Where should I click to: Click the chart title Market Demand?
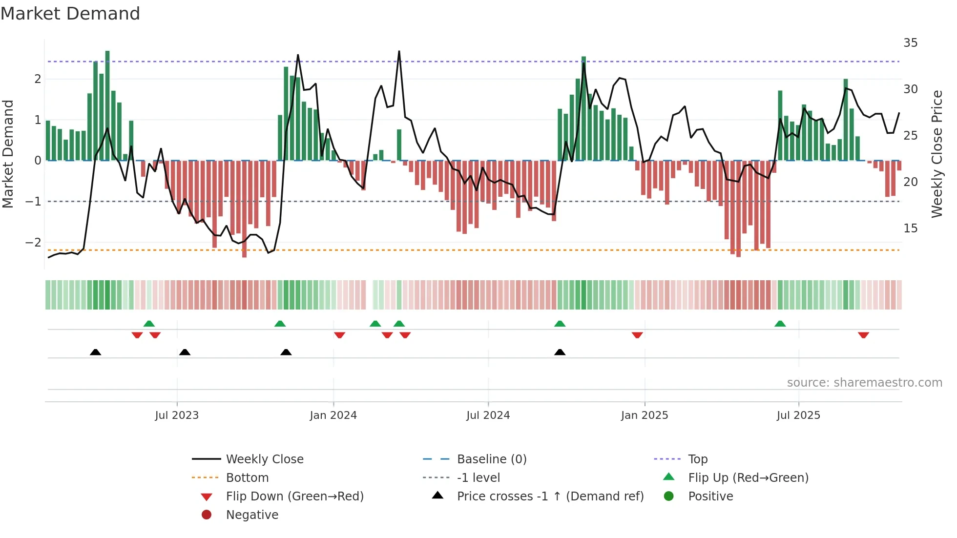point(70,14)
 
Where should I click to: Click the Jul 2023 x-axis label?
point(177,415)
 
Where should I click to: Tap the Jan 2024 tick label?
point(333,415)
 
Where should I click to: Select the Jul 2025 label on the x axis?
point(798,415)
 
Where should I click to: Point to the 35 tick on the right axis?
point(910,43)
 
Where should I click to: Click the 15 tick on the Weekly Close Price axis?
point(910,228)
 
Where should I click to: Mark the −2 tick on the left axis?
point(33,243)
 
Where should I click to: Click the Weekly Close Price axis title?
point(936,154)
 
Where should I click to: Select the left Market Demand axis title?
point(8,154)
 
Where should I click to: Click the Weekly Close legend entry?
point(264,459)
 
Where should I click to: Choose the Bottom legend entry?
point(247,478)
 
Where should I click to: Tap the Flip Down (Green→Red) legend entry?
point(294,497)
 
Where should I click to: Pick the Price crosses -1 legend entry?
point(550,497)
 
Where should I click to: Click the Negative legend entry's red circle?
point(207,515)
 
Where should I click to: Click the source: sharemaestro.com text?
point(864,383)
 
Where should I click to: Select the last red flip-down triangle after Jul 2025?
point(863,335)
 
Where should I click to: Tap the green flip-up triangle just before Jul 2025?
point(780,324)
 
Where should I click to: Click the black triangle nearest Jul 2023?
point(185,352)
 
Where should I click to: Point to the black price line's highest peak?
point(399,51)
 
